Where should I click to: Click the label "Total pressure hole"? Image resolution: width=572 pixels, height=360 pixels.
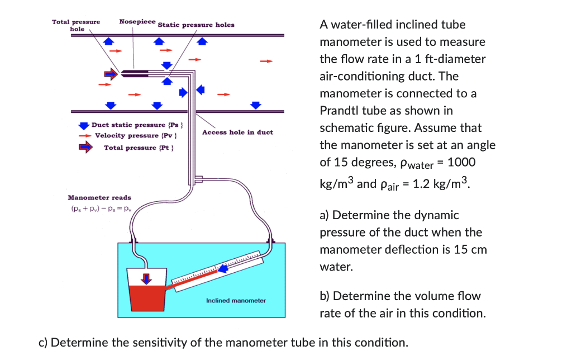point(76,25)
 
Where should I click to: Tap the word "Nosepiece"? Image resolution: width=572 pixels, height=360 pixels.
point(137,21)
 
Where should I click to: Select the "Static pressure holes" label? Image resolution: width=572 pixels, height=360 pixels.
point(196,25)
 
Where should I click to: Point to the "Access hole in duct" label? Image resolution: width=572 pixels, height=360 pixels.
point(237,132)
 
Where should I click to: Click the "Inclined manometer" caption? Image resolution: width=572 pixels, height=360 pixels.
point(236,301)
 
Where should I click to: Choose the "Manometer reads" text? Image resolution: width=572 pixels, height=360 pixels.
point(99,197)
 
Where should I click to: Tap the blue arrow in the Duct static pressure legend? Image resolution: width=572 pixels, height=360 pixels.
point(84,125)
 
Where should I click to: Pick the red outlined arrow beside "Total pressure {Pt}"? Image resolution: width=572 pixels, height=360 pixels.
point(84,147)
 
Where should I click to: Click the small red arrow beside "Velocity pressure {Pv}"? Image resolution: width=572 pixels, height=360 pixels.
point(84,135)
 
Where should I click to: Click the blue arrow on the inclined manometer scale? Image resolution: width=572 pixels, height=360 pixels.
point(223,269)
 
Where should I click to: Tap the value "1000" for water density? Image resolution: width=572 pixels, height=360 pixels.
point(461,162)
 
